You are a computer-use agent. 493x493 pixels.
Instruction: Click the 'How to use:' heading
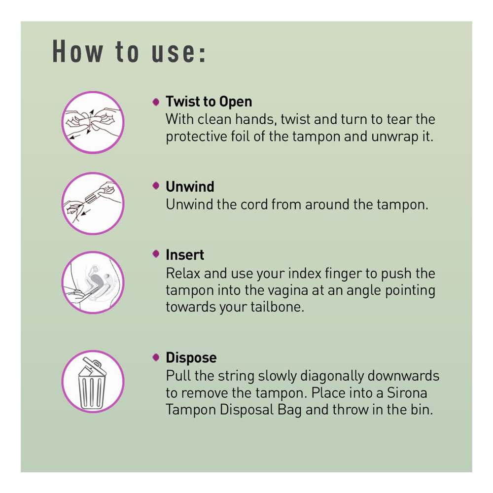tap(129, 52)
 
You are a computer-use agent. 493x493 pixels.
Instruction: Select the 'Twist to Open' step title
tap(209, 102)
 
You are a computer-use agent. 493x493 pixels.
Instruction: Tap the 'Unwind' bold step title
tap(190, 186)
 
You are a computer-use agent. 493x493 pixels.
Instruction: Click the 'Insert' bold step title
tap(185, 255)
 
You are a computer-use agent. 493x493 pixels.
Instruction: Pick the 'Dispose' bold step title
tap(191, 357)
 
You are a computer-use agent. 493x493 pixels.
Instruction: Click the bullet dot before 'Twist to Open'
tap(156, 102)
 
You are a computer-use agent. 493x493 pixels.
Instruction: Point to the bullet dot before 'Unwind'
tap(156, 185)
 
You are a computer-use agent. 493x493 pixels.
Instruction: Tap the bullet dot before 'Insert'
tap(156, 254)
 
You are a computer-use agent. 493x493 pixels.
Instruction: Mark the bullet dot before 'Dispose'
tap(156, 357)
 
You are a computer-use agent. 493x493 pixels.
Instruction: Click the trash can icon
tap(92, 384)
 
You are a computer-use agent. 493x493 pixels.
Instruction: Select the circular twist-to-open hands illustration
tap(93, 122)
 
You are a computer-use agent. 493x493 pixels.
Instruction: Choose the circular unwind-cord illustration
tap(93, 203)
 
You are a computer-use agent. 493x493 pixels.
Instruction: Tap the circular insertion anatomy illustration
tap(93, 282)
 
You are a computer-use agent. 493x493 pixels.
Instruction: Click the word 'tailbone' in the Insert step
tap(277, 307)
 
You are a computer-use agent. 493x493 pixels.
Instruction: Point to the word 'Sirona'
tap(407, 393)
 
